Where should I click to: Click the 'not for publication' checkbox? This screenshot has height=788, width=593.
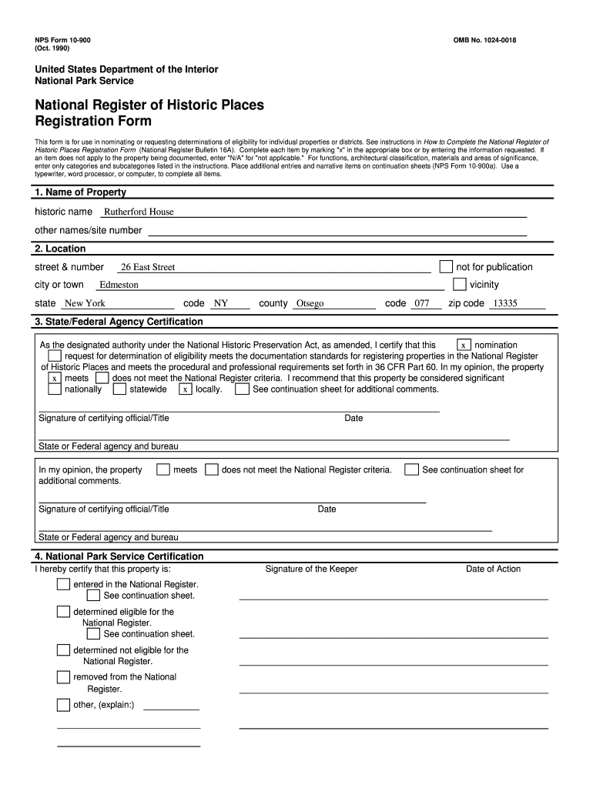coord(446,267)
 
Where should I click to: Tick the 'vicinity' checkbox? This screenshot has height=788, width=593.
coord(460,285)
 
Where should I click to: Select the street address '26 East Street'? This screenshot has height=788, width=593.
coord(148,268)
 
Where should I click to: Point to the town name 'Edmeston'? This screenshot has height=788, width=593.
coord(119,285)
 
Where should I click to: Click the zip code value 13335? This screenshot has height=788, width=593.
coord(505,304)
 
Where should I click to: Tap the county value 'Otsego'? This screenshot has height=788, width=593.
coord(310,304)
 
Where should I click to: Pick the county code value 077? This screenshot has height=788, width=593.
coord(421,304)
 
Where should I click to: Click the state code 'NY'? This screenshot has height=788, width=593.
coord(221,304)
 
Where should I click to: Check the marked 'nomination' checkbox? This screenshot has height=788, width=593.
coord(464,346)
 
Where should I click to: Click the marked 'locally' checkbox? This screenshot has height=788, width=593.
coord(186,389)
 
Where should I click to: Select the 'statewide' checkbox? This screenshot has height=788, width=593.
coord(119,389)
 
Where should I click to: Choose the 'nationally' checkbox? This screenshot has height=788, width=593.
coord(55,389)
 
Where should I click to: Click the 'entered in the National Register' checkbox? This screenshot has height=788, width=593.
coord(63,585)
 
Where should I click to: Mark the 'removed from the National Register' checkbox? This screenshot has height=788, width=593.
coord(63,677)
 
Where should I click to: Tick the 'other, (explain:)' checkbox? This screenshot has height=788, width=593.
coord(63,705)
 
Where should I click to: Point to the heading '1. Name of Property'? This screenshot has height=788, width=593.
coord(80,192)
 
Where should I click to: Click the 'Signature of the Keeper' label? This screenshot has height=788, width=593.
coord(311,569)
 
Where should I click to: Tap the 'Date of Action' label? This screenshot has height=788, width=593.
coord(493,569)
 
